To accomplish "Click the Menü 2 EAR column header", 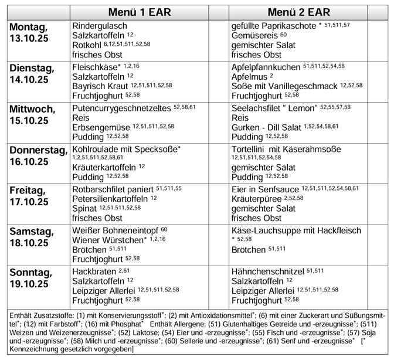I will coord(298,12).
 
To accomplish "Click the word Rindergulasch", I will coord(100,26).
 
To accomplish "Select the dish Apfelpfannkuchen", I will coord(266,66).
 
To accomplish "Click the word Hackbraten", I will coord(94,271).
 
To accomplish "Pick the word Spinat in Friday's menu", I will coord(84,208).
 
